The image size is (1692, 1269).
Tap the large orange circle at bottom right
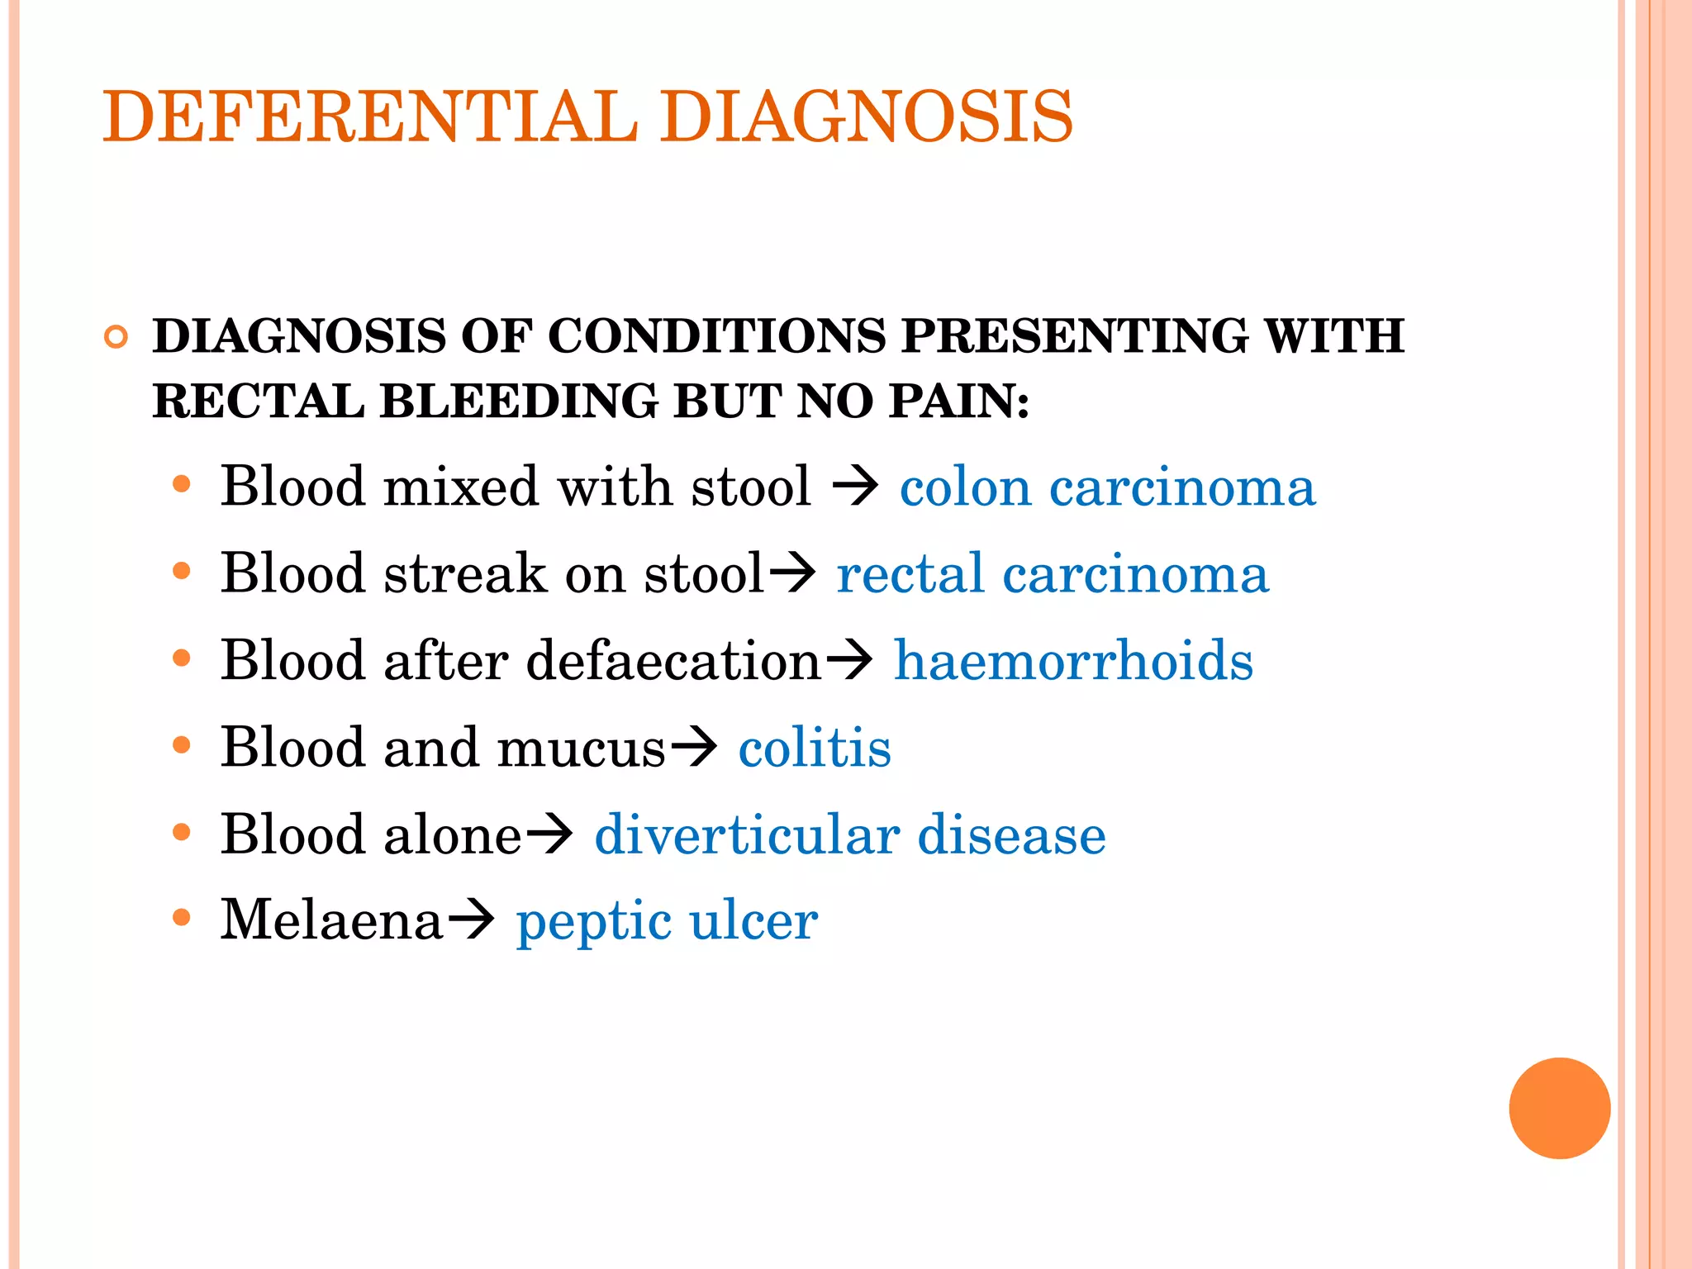point(1559,1108)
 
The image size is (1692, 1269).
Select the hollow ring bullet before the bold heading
point(116,337)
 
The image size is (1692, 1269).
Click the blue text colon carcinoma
point(1107,487)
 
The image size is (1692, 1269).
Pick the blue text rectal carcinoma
point(1052,573)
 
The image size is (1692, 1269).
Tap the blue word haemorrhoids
point(1073,661)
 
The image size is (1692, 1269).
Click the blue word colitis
point(815,748)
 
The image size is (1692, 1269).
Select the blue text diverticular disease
point(850,834)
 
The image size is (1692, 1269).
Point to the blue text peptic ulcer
point(667,921)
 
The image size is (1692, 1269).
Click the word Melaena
point(331,920)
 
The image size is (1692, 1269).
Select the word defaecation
point(673,661)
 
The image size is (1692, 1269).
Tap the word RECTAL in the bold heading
point(258,402)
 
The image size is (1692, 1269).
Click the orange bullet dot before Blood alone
point(182,832)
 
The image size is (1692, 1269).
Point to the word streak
point(465,573)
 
